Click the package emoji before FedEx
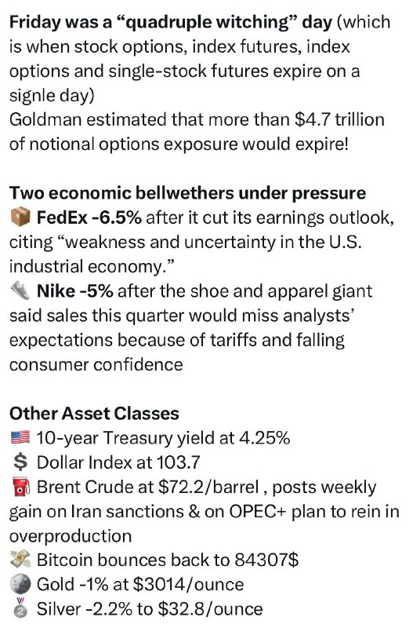pyautogui.click(x=20, y=218)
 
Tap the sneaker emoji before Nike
pyautogui.click(x=20, y=290)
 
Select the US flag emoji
pyautogui.click(x=20, y=437)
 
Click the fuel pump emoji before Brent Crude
pyautogui.click(x=20, y=487)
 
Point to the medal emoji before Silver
pyautogui.click(x=20, y=609)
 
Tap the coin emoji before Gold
pyautogui.click(x=20, y=584)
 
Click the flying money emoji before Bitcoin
pyautogui.click(x=20, y=560)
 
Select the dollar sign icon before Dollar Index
pyautogui.click(x=20, y=462)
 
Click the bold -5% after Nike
pyautogui.click(x=96, y=291)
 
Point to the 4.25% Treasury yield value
pyautogui.click(x=264, y=438)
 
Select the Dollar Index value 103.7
pyautogui.click(x=178, y=462)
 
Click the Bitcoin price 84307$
pyautogui.click(x=266, y=560)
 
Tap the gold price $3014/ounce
pyautogui.click(x=188, y=584)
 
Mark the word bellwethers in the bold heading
pyautogui.click(x=183, y=193)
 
